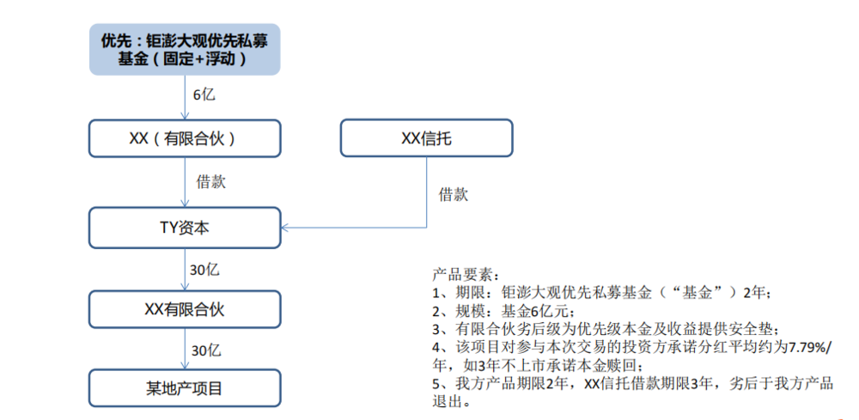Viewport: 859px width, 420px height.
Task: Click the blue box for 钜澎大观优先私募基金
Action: [x=185, y=49]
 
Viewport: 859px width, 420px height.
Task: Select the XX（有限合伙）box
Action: [x=185, y=138]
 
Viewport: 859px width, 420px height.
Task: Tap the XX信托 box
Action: [x=427, y=138]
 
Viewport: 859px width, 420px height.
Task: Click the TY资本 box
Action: [x=185, y=228]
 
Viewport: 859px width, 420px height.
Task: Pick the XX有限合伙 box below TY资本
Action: [x=185, y=309]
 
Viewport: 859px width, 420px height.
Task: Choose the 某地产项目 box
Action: [x=185, y=388]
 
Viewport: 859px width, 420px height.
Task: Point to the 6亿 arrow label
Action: [x=204, y=94]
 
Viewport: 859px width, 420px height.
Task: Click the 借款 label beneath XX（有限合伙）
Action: [x=211, y=182]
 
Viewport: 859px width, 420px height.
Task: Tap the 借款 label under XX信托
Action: [x=454, y=194]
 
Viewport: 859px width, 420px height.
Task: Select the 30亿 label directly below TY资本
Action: [x=204, y=270]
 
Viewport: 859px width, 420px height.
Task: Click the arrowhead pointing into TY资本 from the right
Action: [x=283, y=228]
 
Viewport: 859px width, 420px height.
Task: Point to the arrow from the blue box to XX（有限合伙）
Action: [x=185, y=98]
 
